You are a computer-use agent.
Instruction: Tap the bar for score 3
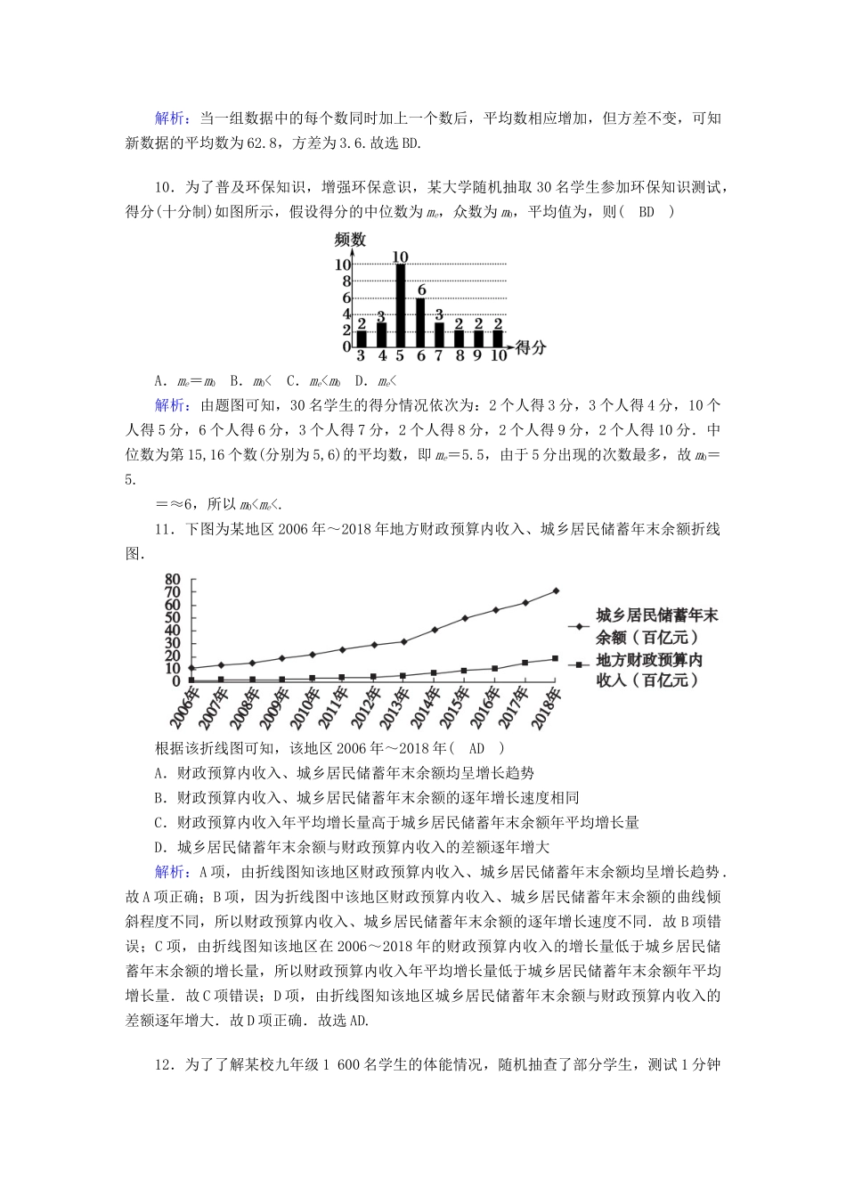(x=362, y=339)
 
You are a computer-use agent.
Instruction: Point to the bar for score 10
(x=498, y=339)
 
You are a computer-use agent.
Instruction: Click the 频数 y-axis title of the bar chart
(x=349, y=240)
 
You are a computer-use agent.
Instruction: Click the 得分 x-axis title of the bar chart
(x=531, y=347)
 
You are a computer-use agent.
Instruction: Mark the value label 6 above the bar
(x=421, y=290)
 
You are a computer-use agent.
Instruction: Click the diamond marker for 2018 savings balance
(x=556, y=590)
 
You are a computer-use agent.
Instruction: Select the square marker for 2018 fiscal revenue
(x=556, y=658)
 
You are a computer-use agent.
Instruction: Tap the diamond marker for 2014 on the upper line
(x=434, y=630)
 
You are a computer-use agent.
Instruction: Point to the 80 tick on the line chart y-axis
(x=173, y=579)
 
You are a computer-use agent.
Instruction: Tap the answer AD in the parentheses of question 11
(x=476, y=749)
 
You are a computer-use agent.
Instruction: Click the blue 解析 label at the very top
(x=171, y=118)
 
